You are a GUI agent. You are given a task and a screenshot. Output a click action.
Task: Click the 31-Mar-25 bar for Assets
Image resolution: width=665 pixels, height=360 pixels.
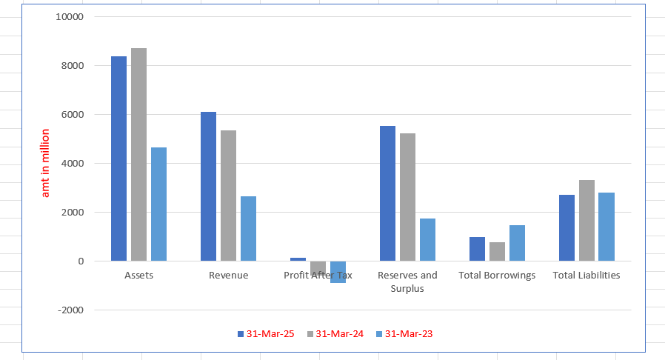118,159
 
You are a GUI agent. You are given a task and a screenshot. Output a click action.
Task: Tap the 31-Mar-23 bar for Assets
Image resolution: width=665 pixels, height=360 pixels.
158,204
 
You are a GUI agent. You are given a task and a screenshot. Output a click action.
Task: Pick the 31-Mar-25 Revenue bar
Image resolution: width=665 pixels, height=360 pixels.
208,186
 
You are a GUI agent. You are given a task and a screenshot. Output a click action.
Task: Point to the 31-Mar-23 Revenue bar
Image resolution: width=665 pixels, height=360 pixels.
248,228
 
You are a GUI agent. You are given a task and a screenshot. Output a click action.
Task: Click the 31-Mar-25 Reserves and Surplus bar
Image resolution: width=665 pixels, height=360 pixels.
387,193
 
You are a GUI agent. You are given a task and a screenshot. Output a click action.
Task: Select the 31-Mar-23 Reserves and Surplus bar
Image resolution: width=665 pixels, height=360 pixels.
427,239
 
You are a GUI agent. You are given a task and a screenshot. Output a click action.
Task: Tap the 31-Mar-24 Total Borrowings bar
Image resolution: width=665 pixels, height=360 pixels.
497,251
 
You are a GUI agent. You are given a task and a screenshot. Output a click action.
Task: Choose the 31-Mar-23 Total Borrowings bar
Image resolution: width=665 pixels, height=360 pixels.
517,243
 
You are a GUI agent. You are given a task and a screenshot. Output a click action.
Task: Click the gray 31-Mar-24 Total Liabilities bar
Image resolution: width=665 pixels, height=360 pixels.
587,220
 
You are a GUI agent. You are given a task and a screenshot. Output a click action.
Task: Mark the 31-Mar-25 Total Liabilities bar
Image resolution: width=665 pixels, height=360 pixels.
567,227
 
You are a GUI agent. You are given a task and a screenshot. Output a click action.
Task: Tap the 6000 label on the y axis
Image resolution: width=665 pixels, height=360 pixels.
72,115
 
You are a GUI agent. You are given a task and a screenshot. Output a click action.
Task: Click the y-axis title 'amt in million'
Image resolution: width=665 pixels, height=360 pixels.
45,163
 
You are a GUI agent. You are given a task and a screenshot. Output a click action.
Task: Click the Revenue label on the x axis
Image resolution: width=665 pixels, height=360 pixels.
228,276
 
